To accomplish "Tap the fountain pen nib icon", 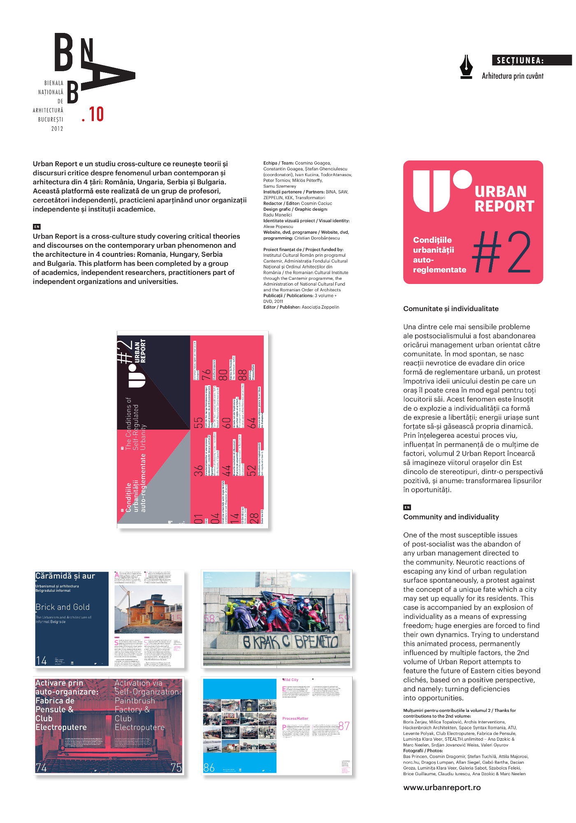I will pos(466,67).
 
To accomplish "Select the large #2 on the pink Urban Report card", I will pos(502,251).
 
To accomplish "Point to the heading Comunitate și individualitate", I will pos(451,309).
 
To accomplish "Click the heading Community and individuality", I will pos(451,517).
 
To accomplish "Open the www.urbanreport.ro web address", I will pos(442,787).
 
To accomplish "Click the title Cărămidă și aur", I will pos(65,576).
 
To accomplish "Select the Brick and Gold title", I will pos(63,607).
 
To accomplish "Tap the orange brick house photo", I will pos(148,609).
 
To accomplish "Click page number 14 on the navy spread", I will pos(41,660).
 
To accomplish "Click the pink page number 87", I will pos(344,726).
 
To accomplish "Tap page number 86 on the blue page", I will pos(209,767).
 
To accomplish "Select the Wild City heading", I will pos(290,680).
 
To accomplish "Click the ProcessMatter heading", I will pos(295,718).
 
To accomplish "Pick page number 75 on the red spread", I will pos(176,767).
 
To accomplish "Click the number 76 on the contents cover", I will pos(206,375).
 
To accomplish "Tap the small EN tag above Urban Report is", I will pos(37,227).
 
